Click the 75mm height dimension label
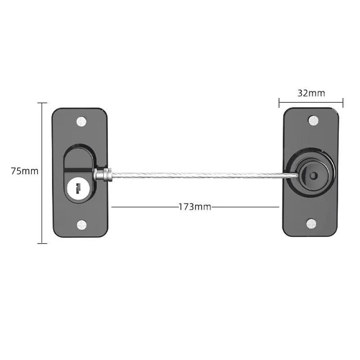25,171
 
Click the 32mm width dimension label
311,93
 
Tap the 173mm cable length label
195,207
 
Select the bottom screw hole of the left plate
81,224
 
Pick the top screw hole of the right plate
313,120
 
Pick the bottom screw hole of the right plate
312,223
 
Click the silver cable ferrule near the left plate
102,174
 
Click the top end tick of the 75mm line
42,103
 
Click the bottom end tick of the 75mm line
42,243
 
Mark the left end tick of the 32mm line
279,103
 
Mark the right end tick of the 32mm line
343,103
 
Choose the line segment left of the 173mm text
144,207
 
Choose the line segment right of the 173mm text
245,207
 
